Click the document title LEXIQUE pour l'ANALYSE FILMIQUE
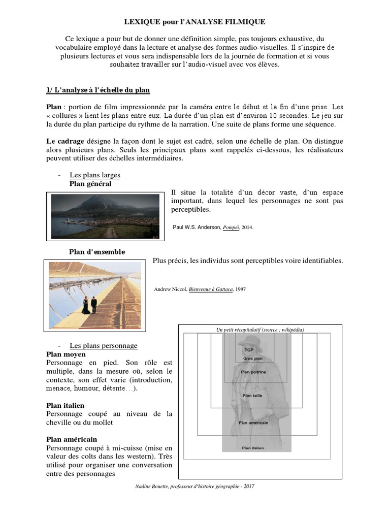[x=195, y=22]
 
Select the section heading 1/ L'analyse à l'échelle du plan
[x=97, y=90]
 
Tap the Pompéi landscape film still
[x=105, y=216]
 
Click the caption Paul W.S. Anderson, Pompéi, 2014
[x=213, y=227]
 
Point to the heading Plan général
[x=90, y=184]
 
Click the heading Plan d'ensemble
[x=97, y=252]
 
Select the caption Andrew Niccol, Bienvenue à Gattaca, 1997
[x=199, y=289]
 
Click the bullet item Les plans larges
[x=95, y=175]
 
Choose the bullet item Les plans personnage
[x=104, y=345]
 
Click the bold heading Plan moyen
[x=66, y=354]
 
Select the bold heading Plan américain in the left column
[x=71, y=439]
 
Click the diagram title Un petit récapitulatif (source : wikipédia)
[x=260, y=330]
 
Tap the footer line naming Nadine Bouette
[x=192, y=486]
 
